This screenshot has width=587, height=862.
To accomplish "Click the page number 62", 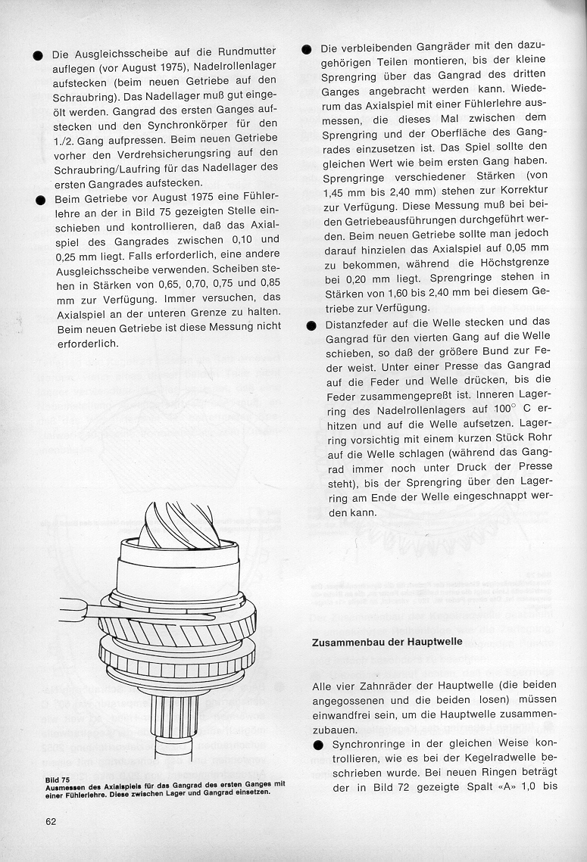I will pos(51,822).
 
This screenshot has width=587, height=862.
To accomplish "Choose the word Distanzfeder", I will pos(354,322).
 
